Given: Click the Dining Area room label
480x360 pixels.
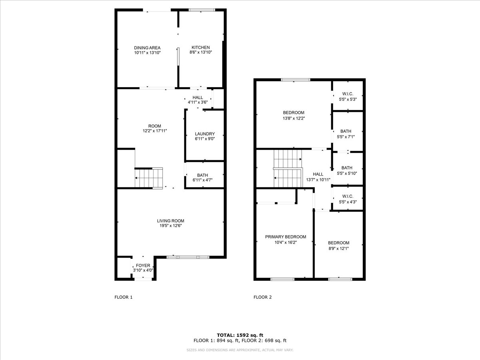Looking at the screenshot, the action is pos(147,48).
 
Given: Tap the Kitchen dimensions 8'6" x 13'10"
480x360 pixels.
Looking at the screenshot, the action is pos(201,52).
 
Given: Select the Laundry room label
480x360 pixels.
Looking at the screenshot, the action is pos(205,134).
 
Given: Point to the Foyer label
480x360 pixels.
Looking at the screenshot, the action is pos(143,265).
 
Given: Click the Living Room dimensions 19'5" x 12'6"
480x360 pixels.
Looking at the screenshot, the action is pos(170,226).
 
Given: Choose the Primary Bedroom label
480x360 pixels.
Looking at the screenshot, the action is pos(286,237).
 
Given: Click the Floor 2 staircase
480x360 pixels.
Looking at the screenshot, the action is pos(288,168).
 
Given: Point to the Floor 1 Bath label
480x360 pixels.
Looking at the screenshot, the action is pos(202,175).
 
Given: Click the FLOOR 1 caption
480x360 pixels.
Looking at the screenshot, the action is pos(124,297).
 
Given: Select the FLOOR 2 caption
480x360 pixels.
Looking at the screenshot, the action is pos(263,297).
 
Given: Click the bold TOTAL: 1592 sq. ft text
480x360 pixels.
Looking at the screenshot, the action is pos(240,335).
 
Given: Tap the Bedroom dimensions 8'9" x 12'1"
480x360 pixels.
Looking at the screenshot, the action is pos(338,248).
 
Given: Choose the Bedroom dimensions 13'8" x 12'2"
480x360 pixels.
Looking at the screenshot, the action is pos(294,118).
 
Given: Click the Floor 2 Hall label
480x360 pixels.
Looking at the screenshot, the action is pos(318,174).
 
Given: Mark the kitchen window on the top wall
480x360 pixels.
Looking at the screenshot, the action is pos(202,10).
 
